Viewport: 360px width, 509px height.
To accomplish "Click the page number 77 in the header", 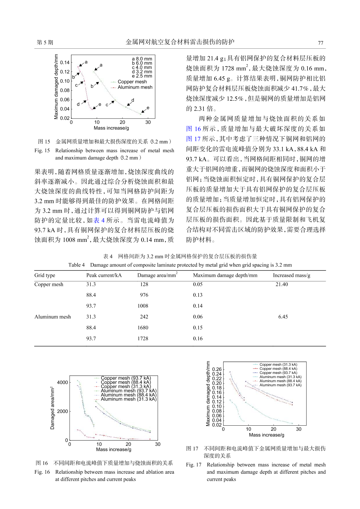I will point(320,43).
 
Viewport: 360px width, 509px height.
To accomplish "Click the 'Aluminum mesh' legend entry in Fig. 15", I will point(135,87).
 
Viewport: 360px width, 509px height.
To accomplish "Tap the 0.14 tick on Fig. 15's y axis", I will point(65,62).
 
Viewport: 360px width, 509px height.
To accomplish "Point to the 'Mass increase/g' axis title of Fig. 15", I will point(111,128).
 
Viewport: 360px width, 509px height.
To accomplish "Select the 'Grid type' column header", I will point(45,275).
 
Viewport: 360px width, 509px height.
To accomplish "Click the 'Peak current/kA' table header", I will point(104,275).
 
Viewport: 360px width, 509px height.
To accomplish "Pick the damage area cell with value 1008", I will point(143,306).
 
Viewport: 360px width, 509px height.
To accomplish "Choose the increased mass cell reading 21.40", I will point(282,284).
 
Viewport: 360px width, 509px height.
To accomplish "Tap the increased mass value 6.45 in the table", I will point(283,316).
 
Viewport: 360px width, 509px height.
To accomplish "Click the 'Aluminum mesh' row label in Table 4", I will point(52,316).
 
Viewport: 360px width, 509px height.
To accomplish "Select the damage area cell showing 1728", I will point(143,338).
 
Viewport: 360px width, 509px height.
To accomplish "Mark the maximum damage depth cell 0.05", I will point(198,284).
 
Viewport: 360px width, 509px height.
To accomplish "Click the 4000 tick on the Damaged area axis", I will point(63,382).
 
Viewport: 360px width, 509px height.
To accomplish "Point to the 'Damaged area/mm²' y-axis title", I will point(52,408).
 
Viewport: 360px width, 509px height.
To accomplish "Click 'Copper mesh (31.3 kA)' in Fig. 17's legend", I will point(278,365).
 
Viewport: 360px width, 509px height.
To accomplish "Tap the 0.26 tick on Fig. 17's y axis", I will point(217,369).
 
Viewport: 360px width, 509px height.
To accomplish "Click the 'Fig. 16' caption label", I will point(42,472).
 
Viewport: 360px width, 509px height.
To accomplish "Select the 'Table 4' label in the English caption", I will point(76,265).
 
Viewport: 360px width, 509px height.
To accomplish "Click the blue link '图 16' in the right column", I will point(193,129).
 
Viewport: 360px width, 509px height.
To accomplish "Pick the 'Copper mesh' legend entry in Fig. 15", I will point(132,82).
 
